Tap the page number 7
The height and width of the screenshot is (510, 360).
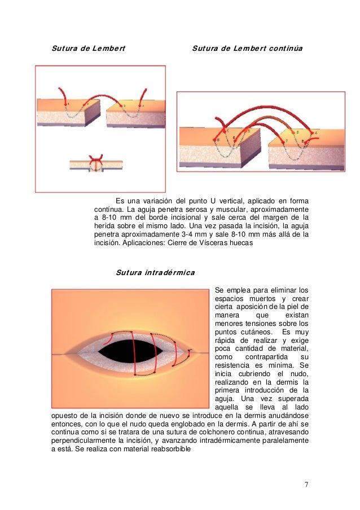[x=306, y=484]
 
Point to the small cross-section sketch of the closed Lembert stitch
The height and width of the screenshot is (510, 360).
[x=96, y=164]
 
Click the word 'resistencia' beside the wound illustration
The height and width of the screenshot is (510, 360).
[x=234, y=366]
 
